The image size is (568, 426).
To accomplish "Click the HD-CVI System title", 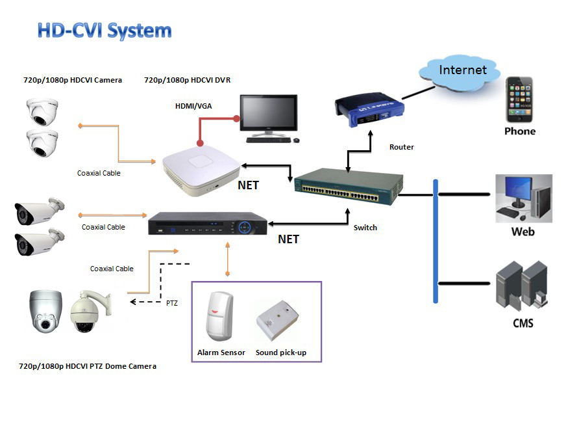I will tap(105, 31).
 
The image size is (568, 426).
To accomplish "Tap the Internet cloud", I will tap(462, 71).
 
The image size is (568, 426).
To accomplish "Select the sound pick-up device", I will tap(280, 320).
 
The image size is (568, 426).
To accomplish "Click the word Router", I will tap(401, 147).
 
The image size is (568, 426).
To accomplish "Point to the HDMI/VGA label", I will tap(193, 105).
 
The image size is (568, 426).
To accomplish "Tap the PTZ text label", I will tap(171, 302).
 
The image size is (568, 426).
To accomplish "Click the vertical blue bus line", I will tap(436, 241).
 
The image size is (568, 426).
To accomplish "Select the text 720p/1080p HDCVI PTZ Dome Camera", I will tap(88, 366).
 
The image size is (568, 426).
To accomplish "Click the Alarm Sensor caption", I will tap(221, 353).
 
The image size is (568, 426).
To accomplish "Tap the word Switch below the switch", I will tap(365, 228).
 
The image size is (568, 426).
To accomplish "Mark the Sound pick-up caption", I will tap(281, 353).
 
